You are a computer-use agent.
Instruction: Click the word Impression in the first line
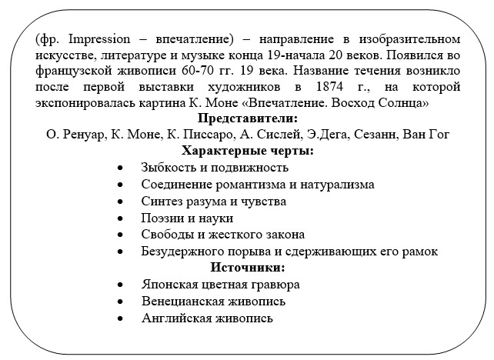tap(84, 38)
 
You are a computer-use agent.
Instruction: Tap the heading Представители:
tap(247, 118)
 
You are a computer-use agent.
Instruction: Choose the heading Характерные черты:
tap(247, 151)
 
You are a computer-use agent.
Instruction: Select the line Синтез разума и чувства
tap(213, 201)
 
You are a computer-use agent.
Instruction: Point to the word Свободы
tap(165, 234)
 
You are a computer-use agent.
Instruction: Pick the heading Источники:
tap(247, 268)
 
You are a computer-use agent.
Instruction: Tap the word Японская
tap(166, 284)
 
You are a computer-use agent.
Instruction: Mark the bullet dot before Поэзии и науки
tap(120, 218)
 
